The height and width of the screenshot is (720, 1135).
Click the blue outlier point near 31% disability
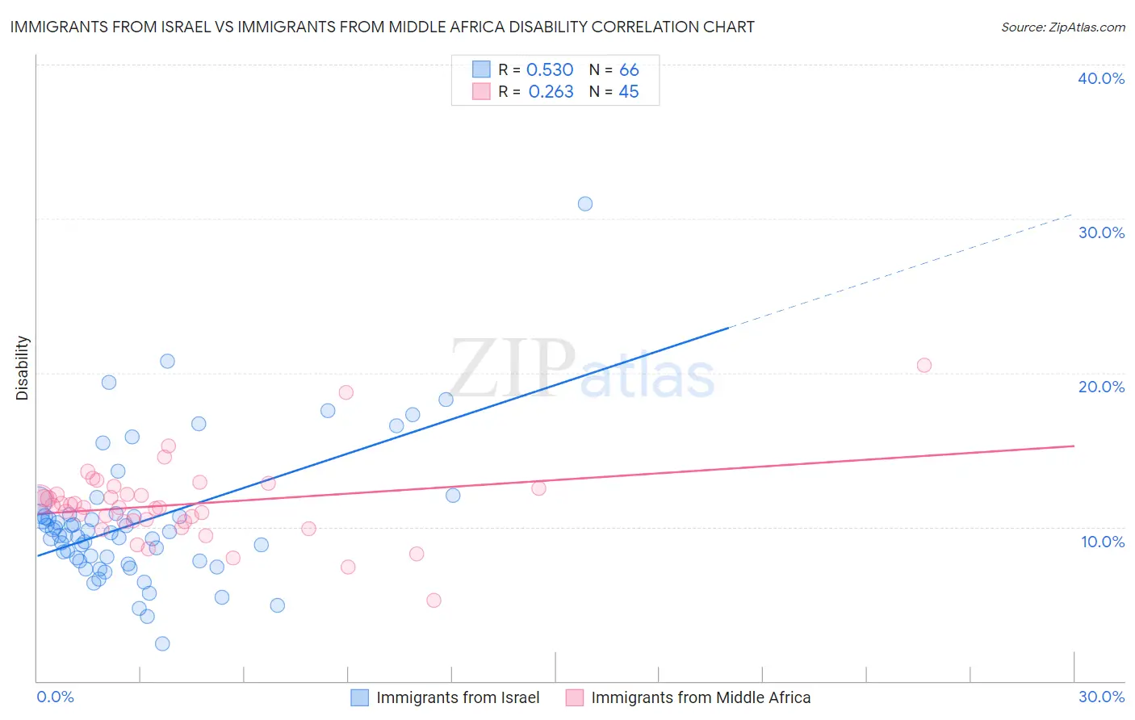click(585, 203)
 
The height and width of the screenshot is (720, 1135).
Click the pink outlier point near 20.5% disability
click(924, 365)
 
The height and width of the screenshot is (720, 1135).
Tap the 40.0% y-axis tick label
click(1101, 78)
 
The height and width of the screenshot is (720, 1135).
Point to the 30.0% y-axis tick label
click(1101, 232)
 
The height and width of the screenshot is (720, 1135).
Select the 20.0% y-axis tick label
click(1101, 387)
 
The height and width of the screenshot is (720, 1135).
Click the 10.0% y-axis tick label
click(1103, 542)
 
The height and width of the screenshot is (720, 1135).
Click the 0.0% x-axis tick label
click(56, 697)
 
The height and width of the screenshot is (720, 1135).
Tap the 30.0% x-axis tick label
click(1101, 697)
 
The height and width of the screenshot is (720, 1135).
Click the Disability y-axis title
click(23, 368)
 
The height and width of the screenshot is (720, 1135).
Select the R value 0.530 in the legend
click(550, 70)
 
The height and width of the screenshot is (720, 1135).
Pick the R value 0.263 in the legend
click(551, 92)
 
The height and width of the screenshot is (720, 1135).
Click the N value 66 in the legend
click(629, 70)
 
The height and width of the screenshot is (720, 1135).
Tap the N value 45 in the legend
click(629, 92)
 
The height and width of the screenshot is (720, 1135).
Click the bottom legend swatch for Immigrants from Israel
click(359, 697)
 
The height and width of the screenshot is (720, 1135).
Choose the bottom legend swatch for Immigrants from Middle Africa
click(574, 697)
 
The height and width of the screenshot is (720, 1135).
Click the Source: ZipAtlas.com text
click(1063, 27)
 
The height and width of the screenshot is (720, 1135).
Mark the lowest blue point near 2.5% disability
click(162, 643)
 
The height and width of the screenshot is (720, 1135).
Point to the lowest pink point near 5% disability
click(433, 600)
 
